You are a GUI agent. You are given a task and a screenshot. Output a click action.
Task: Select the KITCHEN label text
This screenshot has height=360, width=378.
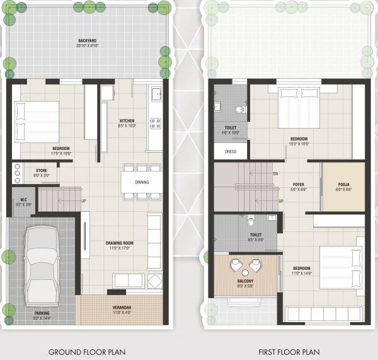(127, 120)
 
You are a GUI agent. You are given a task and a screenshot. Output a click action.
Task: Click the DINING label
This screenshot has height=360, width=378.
(142, 183)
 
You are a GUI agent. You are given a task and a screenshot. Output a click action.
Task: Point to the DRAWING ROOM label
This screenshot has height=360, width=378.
(119, 243)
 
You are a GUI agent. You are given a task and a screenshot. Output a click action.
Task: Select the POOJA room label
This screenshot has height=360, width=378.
(343, 184)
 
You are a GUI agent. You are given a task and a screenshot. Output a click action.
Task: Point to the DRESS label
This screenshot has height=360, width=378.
(230, 152)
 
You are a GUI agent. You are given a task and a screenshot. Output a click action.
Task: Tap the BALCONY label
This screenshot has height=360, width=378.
(245, 281)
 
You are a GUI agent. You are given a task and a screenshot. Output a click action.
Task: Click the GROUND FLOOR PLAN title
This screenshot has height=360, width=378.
(87, 352)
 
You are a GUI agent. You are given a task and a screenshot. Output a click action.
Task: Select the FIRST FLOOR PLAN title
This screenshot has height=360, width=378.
(289, 352)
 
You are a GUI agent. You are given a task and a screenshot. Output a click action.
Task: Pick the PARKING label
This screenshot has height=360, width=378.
(42, 313)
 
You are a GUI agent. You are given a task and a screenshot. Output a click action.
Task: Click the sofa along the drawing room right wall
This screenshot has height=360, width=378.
(155, 235)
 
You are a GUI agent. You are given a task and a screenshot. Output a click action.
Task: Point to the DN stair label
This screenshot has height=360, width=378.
(275, 173)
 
